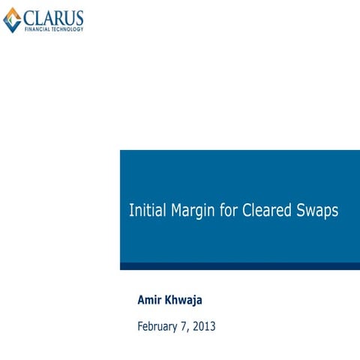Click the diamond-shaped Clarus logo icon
click(12, 19)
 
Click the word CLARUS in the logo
click(53, 17)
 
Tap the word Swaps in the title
click(318, 211)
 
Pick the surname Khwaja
click(186, 301)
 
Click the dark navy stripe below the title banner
click(240, 265)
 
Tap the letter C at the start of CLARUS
click(29, 17)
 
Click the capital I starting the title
click(131, 211)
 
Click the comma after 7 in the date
click(195, 329)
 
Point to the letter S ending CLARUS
click(79, 17)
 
